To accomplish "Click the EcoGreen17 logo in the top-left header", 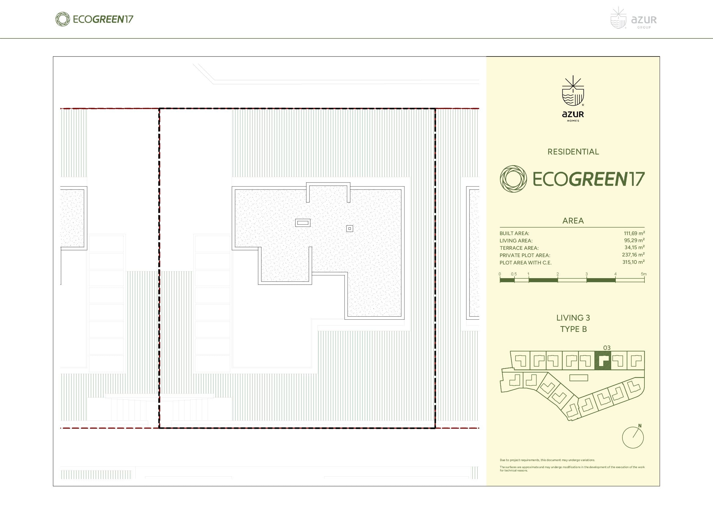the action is (x=94, y=19).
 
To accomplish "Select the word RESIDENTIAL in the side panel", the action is (x=573, y=152).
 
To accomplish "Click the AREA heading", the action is (x=573, y=221).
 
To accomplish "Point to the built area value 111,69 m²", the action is (x=634, y=233).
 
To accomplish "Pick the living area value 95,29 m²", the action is (x=634, y=240).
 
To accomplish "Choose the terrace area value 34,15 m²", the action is (x=634, y=248).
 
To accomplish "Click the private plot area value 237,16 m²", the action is (x=633, y=255).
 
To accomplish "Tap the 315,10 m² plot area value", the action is (x=633, y=262).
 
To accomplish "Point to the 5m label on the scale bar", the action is (x=644, y=274).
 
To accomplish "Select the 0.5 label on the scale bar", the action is (x=514, y=274).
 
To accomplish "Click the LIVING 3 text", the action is (x=573, y=318).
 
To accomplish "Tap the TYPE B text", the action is (x=573, y=329).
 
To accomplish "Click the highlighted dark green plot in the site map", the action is (x=602, y=361).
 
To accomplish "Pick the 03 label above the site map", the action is (x=607, y=348).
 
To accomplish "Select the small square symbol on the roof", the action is (x=350, y=229).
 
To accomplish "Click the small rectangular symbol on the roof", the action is (x=303, y=223).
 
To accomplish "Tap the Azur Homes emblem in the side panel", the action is (x=573, y=99).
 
